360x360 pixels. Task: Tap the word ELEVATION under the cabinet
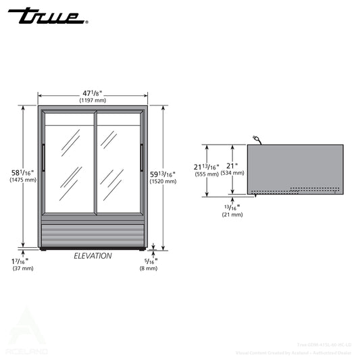coord(93,256)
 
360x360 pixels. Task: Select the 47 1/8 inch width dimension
coord(93,92)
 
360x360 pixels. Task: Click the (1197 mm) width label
coord(93,100)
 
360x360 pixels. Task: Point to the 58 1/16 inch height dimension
coord(23,172)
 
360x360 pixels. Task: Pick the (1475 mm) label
coord(23,180)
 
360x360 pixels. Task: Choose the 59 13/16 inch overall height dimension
coord(163,174)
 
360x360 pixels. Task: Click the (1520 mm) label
coord(163,181)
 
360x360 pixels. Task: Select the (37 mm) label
coord(22,268)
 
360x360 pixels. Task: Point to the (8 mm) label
coord(148,268)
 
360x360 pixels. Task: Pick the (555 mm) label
coord(207,174)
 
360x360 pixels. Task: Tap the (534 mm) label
coord(234,174)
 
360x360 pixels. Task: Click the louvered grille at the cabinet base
coord(93,235)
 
